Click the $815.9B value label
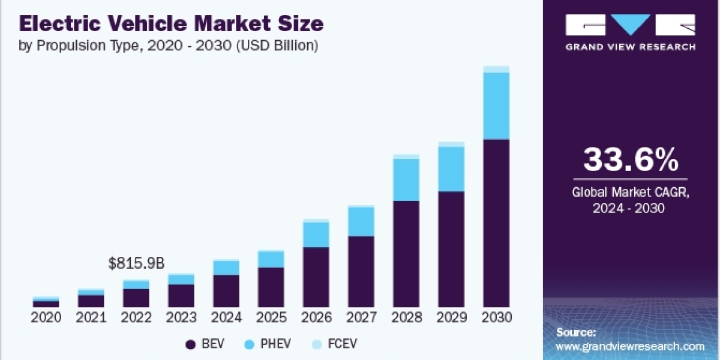point(136,263)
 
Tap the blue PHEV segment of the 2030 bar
point(496,106)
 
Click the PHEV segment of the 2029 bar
point(451,169)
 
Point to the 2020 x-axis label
point(47,318)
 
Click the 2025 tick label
point(271,318)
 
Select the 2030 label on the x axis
point(496,318)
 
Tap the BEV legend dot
point(191,344)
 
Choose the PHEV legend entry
point(269,344)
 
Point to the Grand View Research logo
point(631,32)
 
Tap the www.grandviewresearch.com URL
point(630,346)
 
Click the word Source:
point(576,332)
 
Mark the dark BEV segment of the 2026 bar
point(316,277)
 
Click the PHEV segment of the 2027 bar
point(361,221)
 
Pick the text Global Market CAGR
point(631,193)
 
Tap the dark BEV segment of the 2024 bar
point(226,291)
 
